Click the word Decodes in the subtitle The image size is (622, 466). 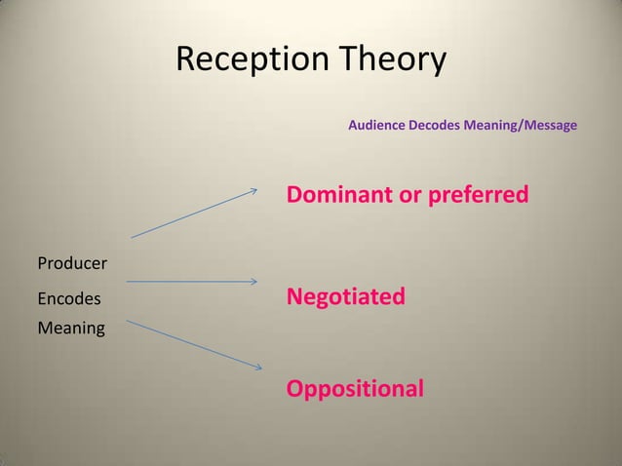tap(445, 127)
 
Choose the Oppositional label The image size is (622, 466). tap(355, 390)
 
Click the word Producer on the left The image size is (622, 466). tap(72, 263)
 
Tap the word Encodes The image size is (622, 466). tap(68, 296)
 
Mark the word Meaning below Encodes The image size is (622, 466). tap(70, 328)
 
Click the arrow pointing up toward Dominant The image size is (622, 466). tap(195, 213)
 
